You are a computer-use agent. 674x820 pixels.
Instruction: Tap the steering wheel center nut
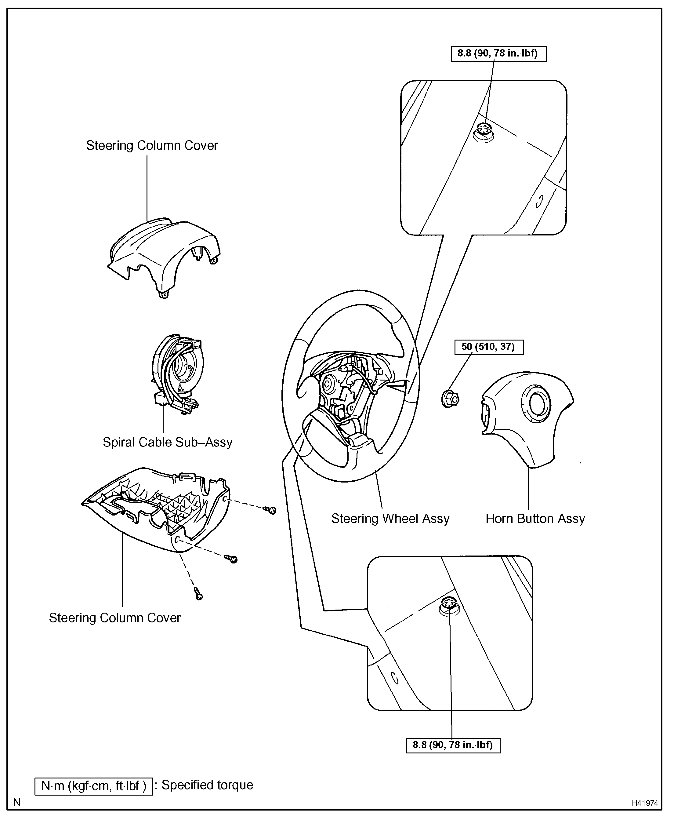(450, 399)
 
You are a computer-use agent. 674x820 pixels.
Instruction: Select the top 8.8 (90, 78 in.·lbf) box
(498, 54)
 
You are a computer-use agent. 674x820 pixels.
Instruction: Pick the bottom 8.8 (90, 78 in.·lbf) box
(453, 745)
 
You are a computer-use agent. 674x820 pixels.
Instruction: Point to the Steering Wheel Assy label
(390, 519)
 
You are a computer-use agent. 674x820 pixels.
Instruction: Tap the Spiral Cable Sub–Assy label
(167, 442)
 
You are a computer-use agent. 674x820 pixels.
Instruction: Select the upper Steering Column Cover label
(152, 145)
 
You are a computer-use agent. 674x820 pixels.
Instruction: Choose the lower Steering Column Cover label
(114, 618)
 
